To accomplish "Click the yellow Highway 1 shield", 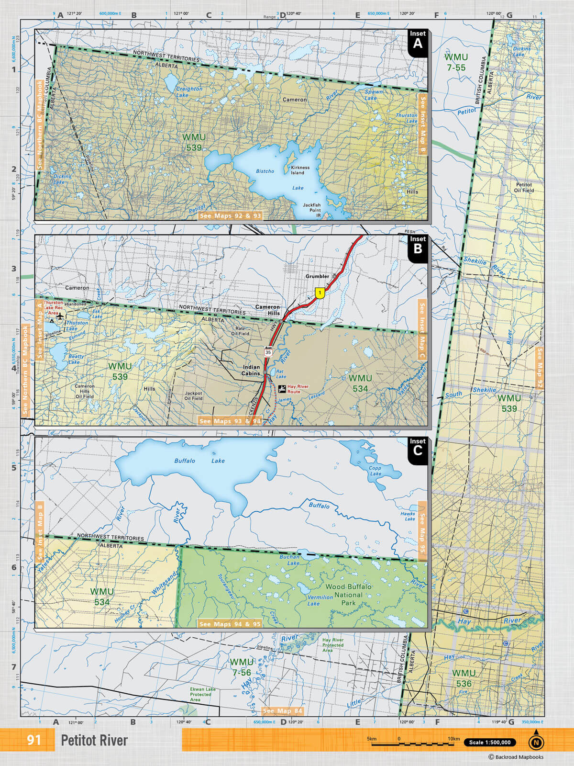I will pyautogui.click(x=320, y=293).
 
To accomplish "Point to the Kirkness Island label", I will pyautogui.click(x=300, y=170).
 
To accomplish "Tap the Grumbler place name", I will pyautogui.click(x=318, y=276).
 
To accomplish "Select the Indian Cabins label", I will pyautogui.click(x=251, y=370).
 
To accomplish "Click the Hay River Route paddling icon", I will pyautogui.click(x=282, y=388).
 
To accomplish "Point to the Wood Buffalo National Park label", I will pyautogui.click(x=348, y=595).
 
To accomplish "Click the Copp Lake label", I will pyautogui.click(x=375, y=471).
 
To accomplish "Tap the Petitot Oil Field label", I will pyautogui.click(x=524, y=187).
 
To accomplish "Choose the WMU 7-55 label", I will pyautogui.click(x=456, y=62).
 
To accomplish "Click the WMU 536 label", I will pyautogui.click(x=464, y=678).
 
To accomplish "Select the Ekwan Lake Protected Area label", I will pyautogui.click(x=202, y=695).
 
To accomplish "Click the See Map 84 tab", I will pyautogui.click(x=283, y=711).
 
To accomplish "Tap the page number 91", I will pyautogui.click(x=33, y=740).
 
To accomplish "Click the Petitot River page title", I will pyautogui.click(x=94, y=741).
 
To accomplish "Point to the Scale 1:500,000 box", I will pyautogui.click(x=489, y=743).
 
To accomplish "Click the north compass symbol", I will pyautogui.click(x=536, y=742).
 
